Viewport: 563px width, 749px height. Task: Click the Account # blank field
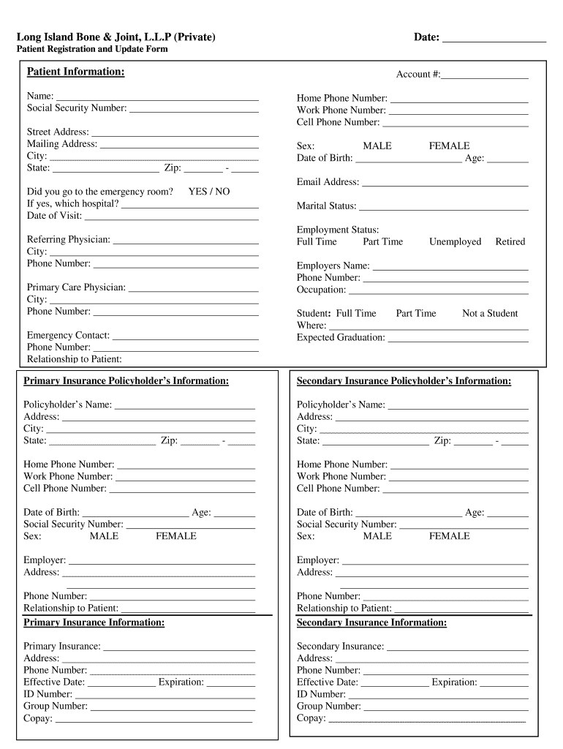(x=484, y=75)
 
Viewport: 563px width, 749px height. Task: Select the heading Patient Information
(x=75, y=72)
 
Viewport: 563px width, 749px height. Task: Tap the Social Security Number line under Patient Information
(x=194, y=109)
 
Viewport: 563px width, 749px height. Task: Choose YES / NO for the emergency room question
(x=208, y=192)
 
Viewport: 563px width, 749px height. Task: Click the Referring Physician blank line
(x=186, y=241)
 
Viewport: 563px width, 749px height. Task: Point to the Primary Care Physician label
(x=76, y=287)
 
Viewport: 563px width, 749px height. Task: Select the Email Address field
(x=445, y=183)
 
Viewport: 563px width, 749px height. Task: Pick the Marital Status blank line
(x=443, y=207)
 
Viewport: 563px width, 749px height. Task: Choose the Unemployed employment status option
(x=455, y=242)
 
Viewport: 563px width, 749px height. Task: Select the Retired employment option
(x=510, y=242)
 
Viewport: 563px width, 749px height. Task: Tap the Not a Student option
(x=489, y=314)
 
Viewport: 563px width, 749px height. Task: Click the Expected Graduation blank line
(x=458, y=339)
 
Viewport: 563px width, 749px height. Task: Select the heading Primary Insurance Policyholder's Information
(x=126, y=381)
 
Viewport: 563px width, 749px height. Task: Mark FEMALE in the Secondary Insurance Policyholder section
(x=449, y=536)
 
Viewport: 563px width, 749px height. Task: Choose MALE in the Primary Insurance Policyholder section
(x=104, y=536)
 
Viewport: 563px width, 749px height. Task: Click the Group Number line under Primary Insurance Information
(x=173, y=707)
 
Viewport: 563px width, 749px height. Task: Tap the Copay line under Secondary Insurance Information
(x=427, y=719)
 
